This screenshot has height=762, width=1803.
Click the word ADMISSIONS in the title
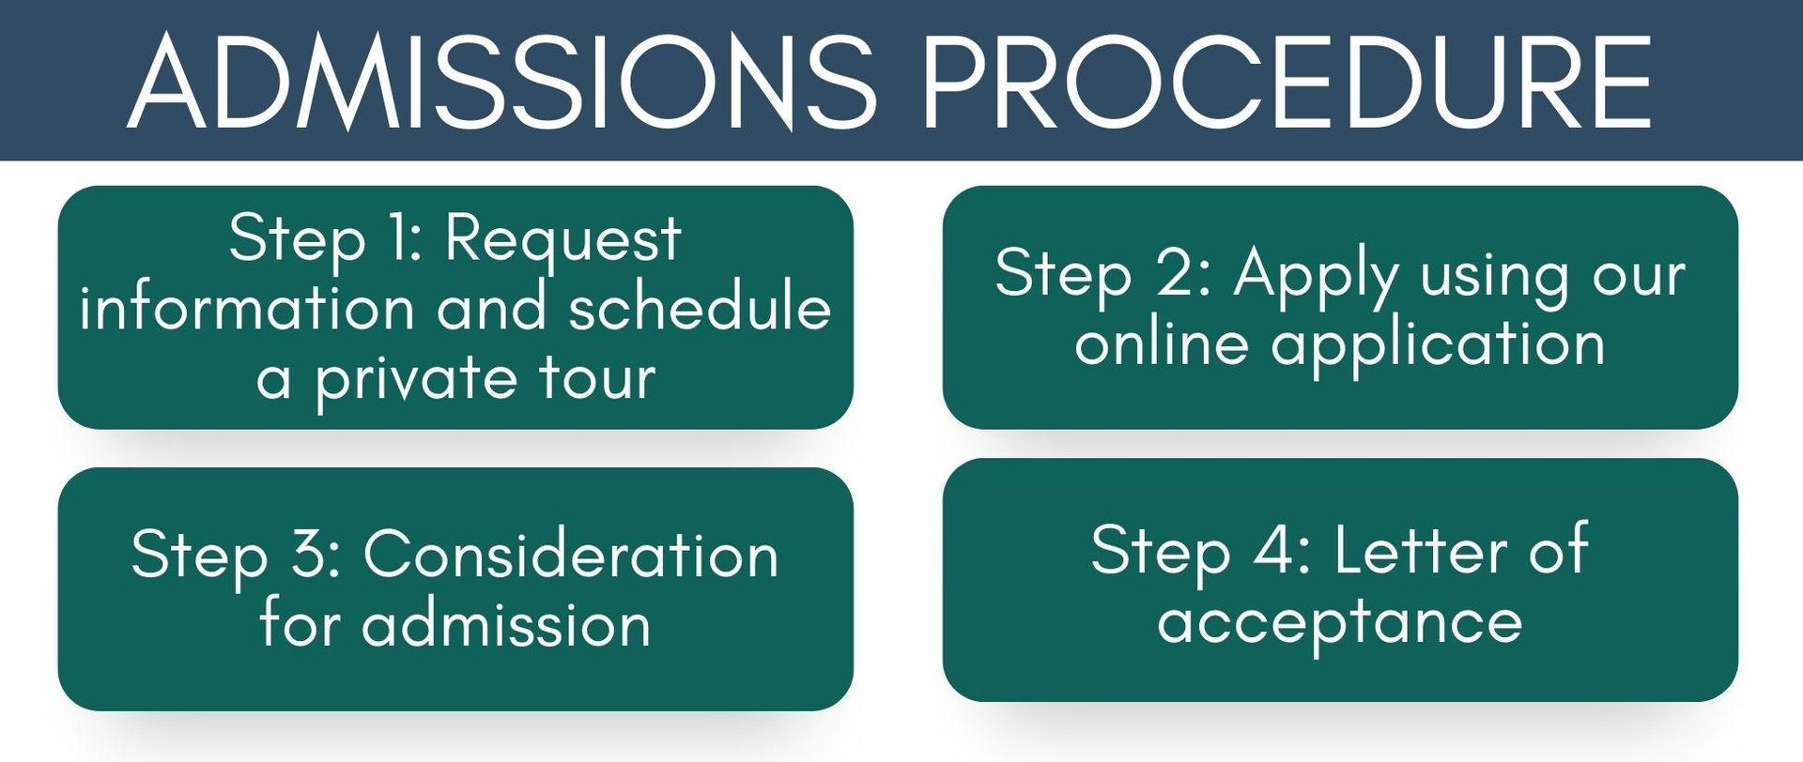(501, 82)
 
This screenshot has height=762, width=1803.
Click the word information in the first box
(247, 307)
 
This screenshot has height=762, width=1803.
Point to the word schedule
(701, 307)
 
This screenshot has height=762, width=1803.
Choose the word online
(1162, 343)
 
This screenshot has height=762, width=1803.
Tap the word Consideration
(571, 554)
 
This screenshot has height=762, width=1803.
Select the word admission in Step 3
(506, 623)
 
